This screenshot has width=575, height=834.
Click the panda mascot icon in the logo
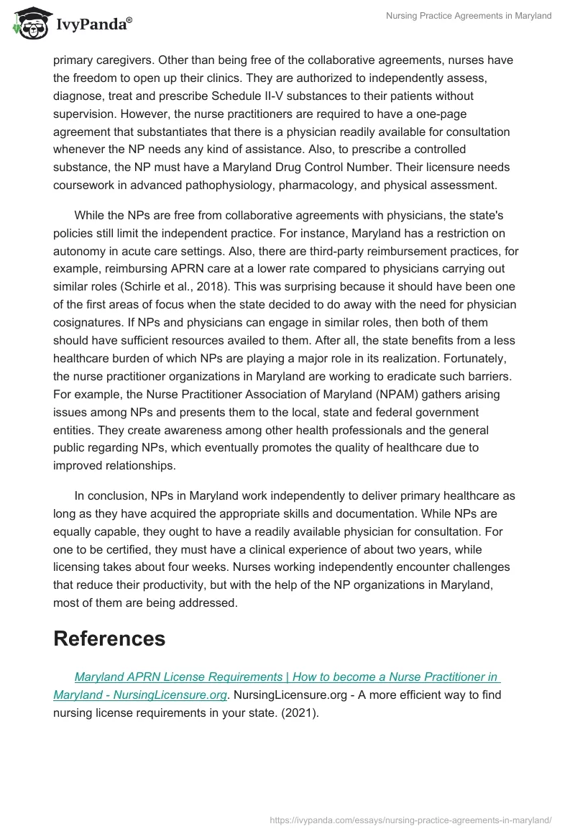point(27,22)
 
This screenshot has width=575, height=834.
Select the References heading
point(109,638)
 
